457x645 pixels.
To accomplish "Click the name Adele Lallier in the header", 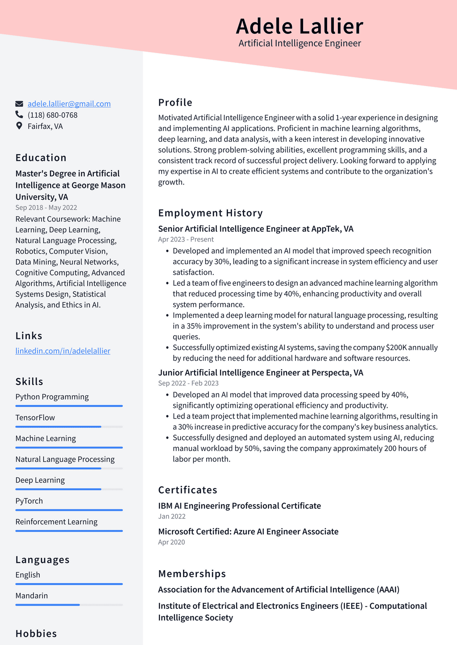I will [x=299, y=26].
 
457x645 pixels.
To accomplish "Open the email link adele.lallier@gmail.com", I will [x=69, y=104].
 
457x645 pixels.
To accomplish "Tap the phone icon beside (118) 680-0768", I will [x=19, y=115].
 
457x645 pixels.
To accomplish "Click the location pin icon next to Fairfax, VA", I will [x=19, y=126].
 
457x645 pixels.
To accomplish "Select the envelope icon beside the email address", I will [x=19, y=104].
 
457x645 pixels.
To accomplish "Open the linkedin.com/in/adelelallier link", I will [x=63, y=351].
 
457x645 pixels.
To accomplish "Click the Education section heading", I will [x=41, y=158].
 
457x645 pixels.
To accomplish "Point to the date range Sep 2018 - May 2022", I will [x=46, y=208].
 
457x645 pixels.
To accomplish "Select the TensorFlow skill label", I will [x=35, y=418].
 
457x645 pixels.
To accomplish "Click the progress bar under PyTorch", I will [x=69, y=510].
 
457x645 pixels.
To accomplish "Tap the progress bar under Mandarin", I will [x=69, y=605].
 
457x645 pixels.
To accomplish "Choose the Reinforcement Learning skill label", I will [x=57, y=522].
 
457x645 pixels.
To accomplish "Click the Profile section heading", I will [x=175, y=103].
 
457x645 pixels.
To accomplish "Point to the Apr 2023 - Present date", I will [x=186, y=239].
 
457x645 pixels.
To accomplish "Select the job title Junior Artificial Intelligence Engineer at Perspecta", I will [x=261, y=373].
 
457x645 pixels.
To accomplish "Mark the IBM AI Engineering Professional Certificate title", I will [x=240, y=506].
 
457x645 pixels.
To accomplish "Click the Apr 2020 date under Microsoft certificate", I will [x=172, y=542].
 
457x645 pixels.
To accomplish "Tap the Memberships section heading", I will [x=192, y=574].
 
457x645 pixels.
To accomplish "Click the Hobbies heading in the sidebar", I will [x=36, y=634].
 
